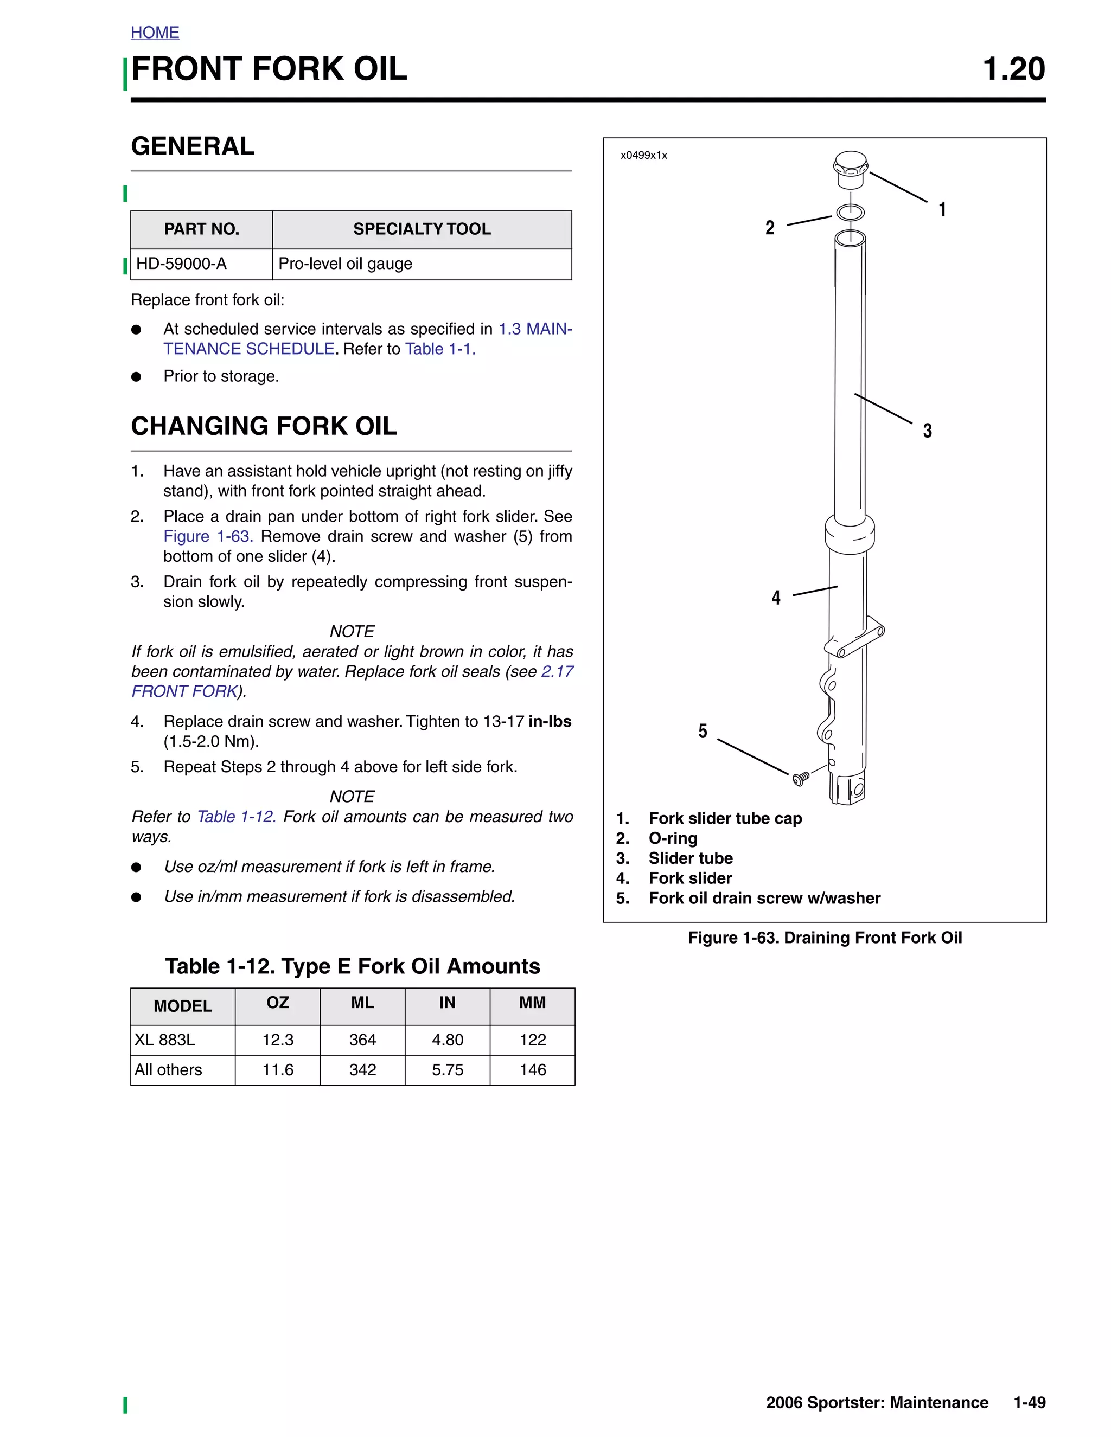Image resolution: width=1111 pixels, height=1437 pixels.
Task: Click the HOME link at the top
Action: click(155, 32)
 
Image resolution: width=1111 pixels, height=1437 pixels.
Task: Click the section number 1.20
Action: click(1013, 69)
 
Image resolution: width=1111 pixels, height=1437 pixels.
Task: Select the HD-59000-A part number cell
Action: click(182, 264)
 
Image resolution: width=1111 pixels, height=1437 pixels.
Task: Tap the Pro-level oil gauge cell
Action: click(346, 264)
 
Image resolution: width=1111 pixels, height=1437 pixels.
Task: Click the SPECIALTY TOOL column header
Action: click(422, 229)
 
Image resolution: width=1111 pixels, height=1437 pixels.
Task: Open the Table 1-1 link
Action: click(439, 349)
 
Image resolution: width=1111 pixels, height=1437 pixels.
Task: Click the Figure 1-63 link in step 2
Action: click(207, 537)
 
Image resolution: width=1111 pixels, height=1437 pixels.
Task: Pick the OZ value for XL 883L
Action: click(278, 1040)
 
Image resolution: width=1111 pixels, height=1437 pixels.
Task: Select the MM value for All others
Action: click(533, 1070)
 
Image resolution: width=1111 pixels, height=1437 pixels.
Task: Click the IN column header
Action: click(447, 1003)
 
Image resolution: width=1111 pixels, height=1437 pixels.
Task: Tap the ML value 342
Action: click(363, 1070)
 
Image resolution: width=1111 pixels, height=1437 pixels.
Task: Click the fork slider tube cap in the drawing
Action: click(851, 169)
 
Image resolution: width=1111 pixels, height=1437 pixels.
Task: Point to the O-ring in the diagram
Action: click(851, 213)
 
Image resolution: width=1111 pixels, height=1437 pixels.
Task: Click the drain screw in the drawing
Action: click(800, 779)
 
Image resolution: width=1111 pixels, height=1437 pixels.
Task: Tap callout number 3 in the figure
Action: click(927, 431)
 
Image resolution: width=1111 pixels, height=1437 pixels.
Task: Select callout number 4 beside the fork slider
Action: click(776, 598)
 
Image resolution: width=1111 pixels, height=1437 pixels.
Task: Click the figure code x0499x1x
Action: click(644, 155)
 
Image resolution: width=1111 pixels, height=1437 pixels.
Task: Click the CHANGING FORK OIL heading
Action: click(264, 426)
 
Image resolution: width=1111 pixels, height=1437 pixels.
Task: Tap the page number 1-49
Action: click(1030, 1403)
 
